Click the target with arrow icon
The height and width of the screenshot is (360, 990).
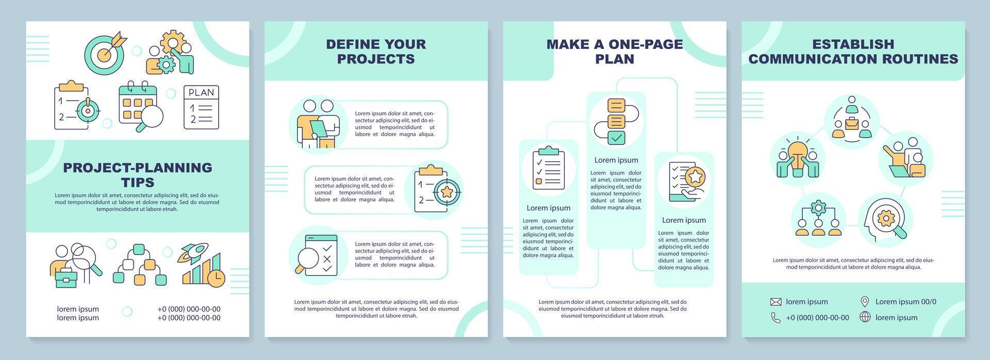tap(105, 52)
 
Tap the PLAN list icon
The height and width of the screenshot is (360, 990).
tap(201, 107)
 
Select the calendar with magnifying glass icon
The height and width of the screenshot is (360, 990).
tap(140, 106)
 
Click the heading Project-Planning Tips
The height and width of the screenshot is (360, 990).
tap(138, 174)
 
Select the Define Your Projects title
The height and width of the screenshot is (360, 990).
tap(376, 51)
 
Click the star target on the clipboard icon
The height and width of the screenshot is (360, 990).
tap(445, 192)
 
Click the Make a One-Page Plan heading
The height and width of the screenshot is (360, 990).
tap(615, 51)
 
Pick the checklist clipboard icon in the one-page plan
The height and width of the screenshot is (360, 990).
tap(548, 168)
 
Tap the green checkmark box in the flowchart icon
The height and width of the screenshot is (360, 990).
tap(616, 137)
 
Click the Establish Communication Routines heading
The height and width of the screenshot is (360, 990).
tap(853, 51)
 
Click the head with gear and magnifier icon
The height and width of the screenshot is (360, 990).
tap(886, 219)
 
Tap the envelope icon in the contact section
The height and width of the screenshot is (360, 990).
tap(775, 302)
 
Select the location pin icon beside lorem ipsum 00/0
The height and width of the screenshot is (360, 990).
tap(865, 302)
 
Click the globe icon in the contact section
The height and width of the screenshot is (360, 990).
tap(865, 317)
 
